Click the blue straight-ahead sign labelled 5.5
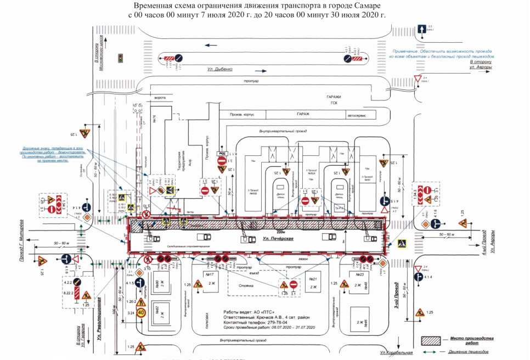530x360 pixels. coord(421,29)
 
